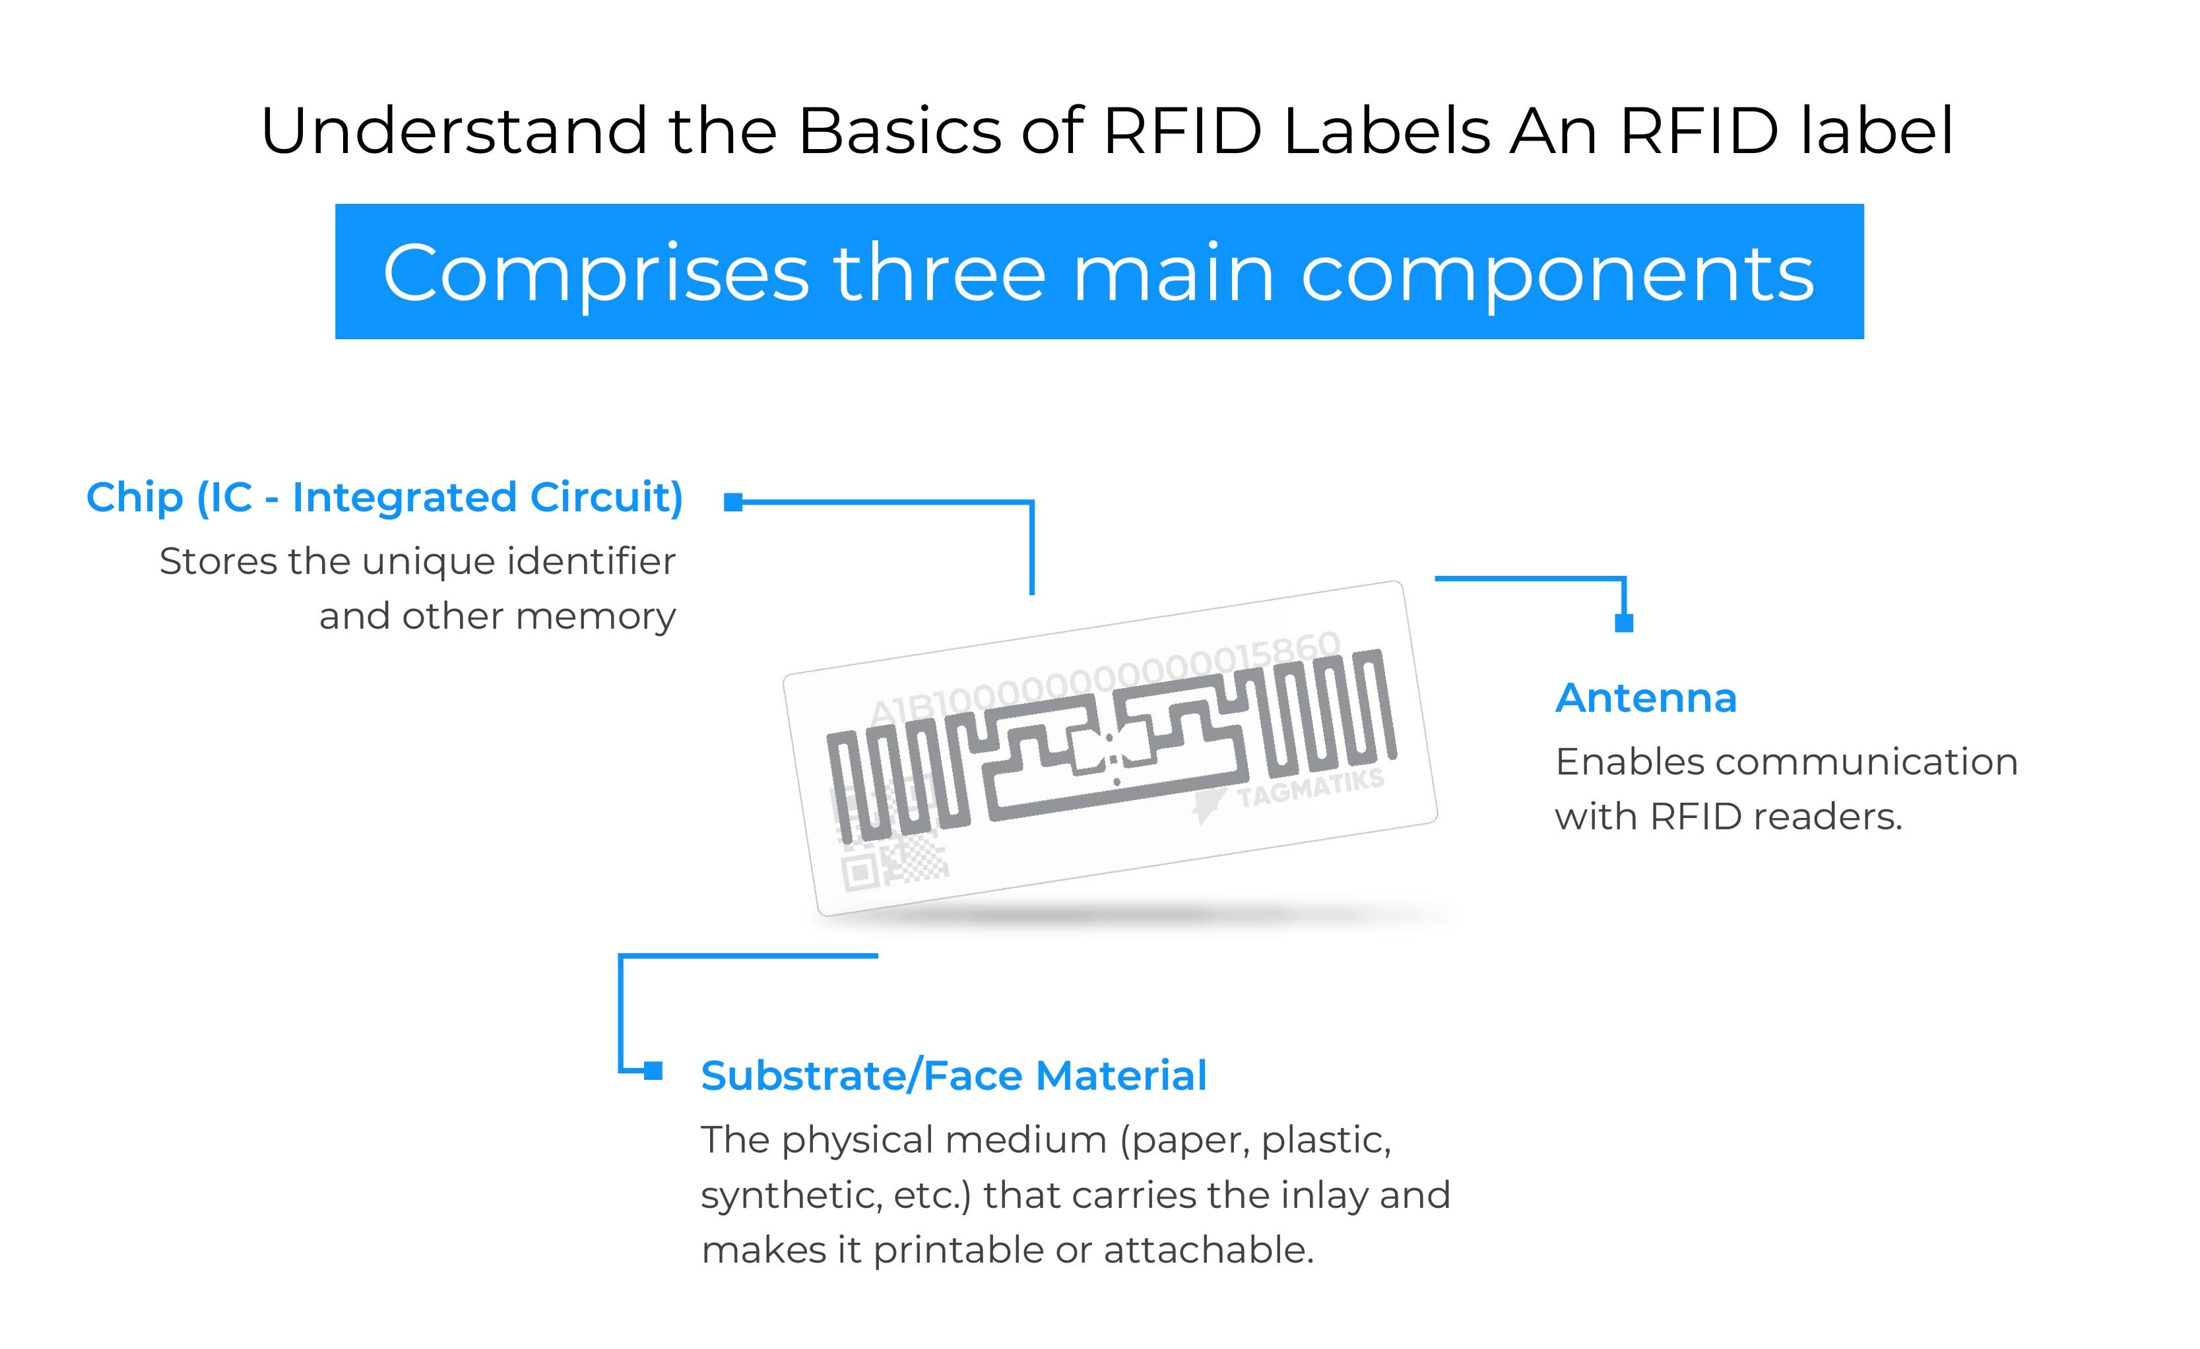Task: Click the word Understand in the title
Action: point(453,131)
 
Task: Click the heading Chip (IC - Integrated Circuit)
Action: point(385,497)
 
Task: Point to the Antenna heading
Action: point(1646,697)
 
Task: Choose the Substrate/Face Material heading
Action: point(954,1075)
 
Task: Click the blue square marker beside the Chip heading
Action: point(733,502)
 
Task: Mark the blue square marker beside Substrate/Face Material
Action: point(653,1069)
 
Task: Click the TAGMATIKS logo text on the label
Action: point(1310,788)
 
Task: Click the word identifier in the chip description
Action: point(592,561)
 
